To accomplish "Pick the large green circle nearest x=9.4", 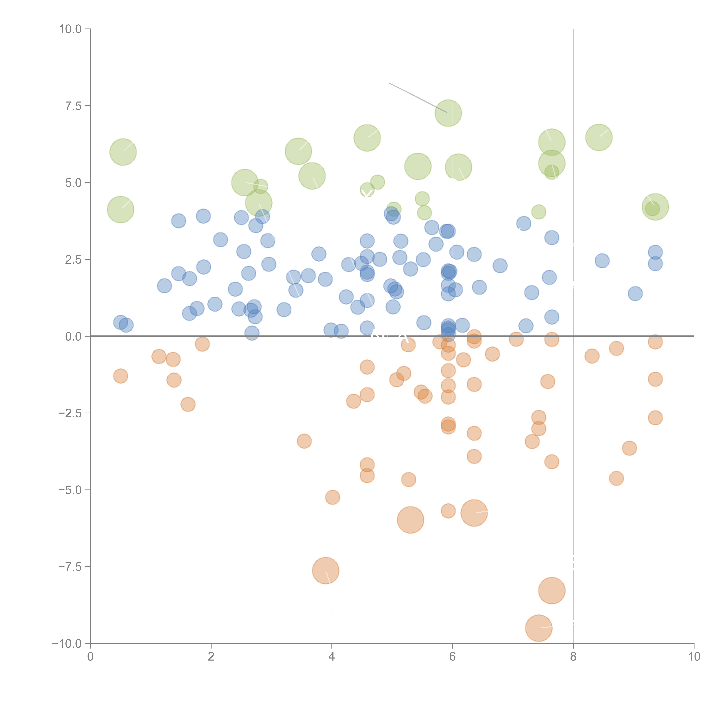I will tap(655, 207).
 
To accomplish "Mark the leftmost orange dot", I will tap(120, 376).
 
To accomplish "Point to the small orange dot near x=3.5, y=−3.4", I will tap(304, 441).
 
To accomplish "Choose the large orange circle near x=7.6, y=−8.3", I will tap(552, 591).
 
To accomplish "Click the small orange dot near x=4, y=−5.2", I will tap(332, 497).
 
